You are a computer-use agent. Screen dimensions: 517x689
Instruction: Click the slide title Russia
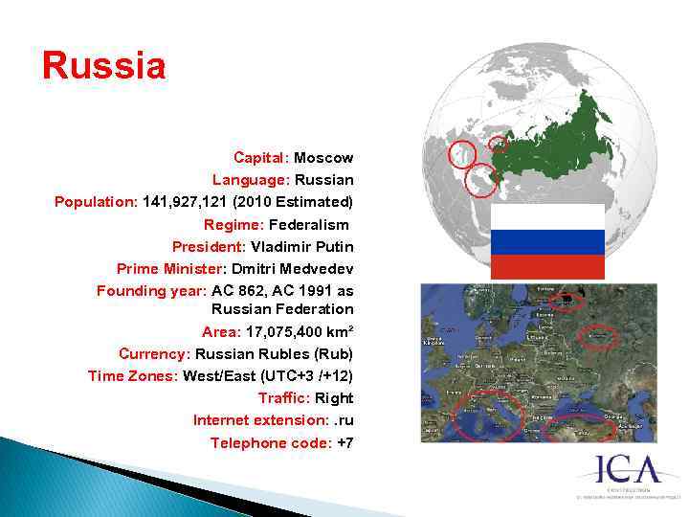click(x=103, y=66)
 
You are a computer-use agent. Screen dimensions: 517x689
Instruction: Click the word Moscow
click(x=323, y=157)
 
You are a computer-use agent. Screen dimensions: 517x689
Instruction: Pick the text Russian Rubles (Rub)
click(x=274, y=354)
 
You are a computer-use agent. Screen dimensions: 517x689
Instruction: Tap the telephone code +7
click(x=345, y=442)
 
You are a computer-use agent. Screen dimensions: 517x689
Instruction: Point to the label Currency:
click(x=154, y=354)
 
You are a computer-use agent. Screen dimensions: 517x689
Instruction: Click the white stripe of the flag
click(x=546, y=216)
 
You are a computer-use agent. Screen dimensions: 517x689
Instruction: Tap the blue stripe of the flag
click(x=546, y=241)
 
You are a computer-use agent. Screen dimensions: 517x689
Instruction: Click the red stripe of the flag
click(x=546, y=266)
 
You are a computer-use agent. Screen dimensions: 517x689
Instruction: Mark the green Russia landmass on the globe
click(x=555, y=144)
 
